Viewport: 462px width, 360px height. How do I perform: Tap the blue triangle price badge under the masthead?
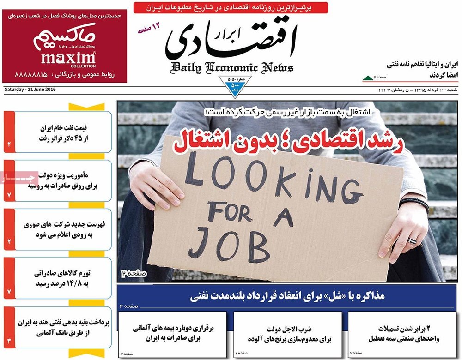[x=235, y=86]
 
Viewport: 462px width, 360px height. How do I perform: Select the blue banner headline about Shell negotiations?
[x=287, y=296]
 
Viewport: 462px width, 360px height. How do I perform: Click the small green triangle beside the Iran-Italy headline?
[x=367, y=77]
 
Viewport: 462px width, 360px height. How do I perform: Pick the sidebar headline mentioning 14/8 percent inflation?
[x=63, y=278]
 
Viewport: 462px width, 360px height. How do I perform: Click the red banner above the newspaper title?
[x=231, y=7]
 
